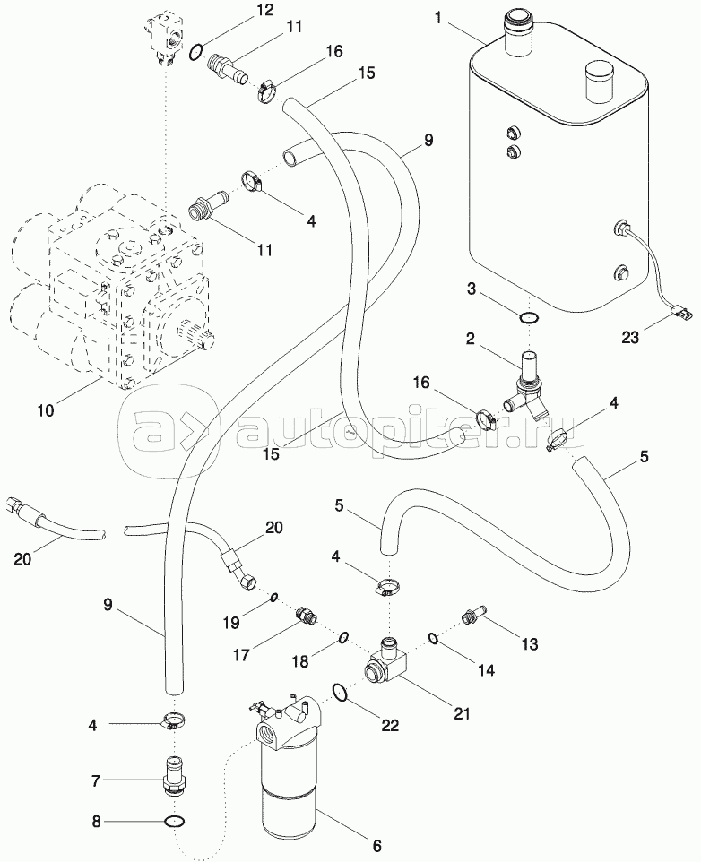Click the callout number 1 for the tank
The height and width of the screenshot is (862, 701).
click(438, 18)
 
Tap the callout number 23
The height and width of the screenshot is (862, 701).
click(630, 337)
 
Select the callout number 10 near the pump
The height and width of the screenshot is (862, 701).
click(47, 410)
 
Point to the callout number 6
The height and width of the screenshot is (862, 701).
click(376, 845)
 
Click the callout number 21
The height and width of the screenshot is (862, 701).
click(462, 713)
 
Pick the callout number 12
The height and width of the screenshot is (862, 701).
click(264, 10)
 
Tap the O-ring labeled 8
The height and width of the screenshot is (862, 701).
click(175, 822)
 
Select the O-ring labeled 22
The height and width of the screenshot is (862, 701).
click(340, 694)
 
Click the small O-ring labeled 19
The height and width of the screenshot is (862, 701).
click(274, 598)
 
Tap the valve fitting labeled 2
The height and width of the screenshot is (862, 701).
click(525, 386)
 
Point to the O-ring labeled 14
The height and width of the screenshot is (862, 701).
click(433, 638)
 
